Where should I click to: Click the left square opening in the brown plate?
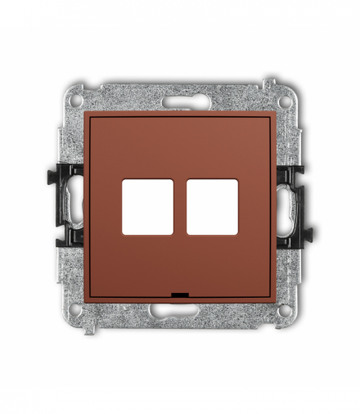[147, 207]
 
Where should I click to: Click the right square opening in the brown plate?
[212, 207]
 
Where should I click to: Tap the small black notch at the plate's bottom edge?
[180, 293]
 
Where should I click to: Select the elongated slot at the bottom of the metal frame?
[180, 312]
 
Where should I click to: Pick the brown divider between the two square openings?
[180, 207]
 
